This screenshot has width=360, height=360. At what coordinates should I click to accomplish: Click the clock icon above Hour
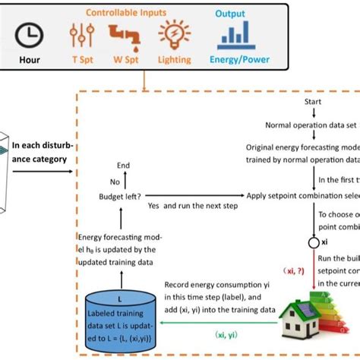click(30, 33)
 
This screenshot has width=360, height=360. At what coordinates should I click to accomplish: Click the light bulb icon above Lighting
click(174, 33)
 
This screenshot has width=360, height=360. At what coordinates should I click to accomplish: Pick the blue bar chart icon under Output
click(236, 34)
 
